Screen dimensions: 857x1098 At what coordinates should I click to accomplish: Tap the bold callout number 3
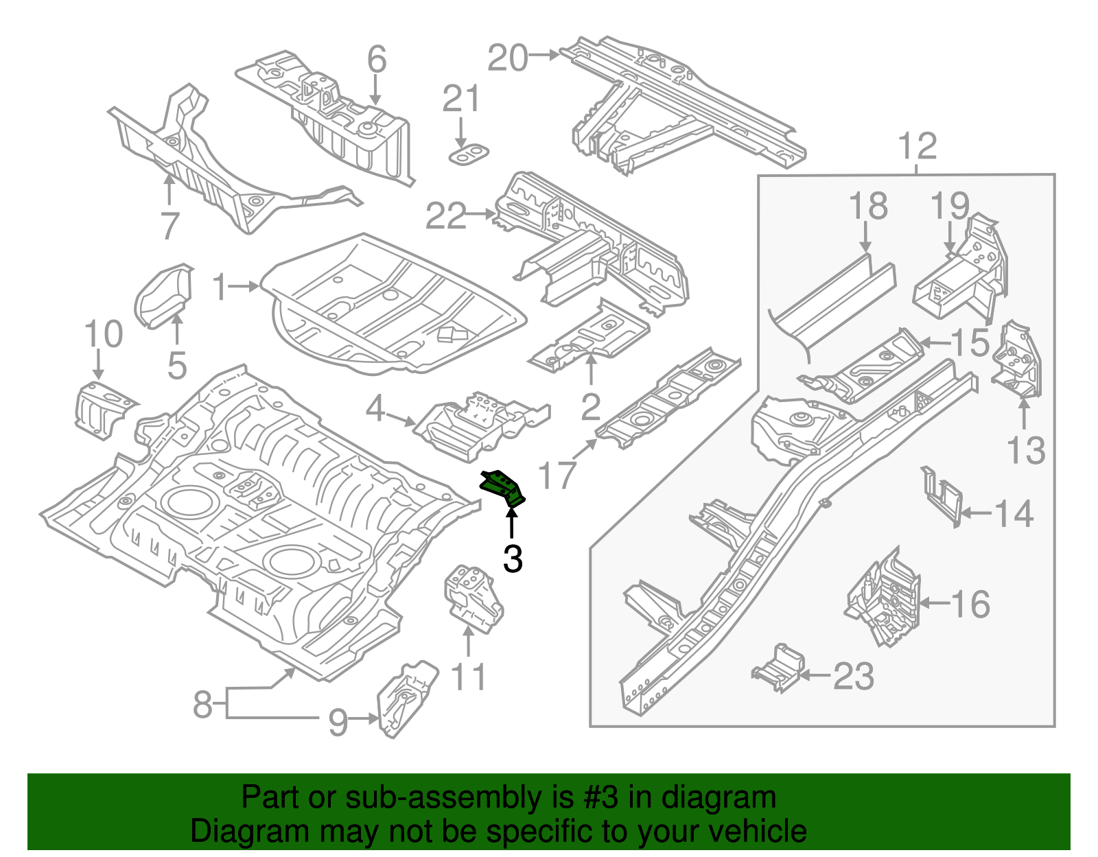[x=513, y=559]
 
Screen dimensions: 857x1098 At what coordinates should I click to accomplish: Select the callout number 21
[x=460, y=99]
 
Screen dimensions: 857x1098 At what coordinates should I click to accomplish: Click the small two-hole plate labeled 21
[x=469, y=154]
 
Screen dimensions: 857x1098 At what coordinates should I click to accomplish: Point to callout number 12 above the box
[x=917, y=146]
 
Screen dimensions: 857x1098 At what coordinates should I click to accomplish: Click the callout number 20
[x=507, y=58]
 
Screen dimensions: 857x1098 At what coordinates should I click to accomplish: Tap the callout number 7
[x=170, y=225]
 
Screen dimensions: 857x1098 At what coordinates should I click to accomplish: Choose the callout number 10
[x=103, y=334]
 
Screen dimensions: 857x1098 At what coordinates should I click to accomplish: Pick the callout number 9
[x=337, y=722]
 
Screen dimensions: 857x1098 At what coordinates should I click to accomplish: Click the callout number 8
[x=202, y=705]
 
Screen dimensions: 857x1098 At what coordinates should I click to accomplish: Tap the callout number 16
[x=970, y=604]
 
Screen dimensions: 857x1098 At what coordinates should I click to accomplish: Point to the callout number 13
[x=1025, y=450]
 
